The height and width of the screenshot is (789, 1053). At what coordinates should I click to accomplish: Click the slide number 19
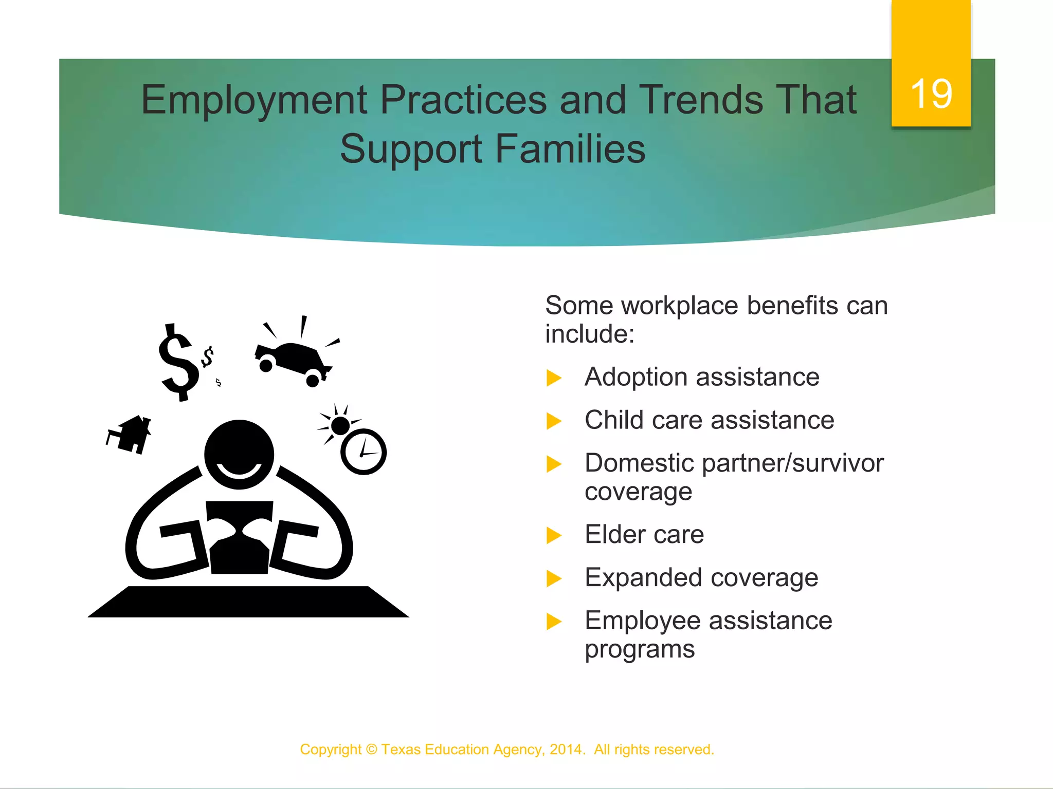click(x=931, y=94)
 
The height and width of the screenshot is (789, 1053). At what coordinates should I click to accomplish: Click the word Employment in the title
click(x=254, y=100)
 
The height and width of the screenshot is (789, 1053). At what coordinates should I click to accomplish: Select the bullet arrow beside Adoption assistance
click(x=554, y=378)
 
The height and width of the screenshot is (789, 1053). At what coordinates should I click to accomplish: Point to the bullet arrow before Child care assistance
click(x=554, y=421)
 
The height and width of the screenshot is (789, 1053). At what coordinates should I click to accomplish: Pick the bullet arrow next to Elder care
click(x=554, y=536)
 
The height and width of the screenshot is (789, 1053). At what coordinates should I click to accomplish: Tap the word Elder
click(x=615, y=534)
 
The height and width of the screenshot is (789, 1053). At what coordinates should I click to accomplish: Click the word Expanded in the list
click(x=643, y=577)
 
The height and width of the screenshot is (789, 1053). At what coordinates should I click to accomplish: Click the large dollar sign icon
click(x=178, y=363)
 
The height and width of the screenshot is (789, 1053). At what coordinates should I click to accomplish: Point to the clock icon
click(x=364, y=452)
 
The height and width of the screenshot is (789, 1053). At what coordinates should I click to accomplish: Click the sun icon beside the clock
click(x=340, y=425)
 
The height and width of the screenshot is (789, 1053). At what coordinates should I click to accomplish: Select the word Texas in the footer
click(x=401, y=749)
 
